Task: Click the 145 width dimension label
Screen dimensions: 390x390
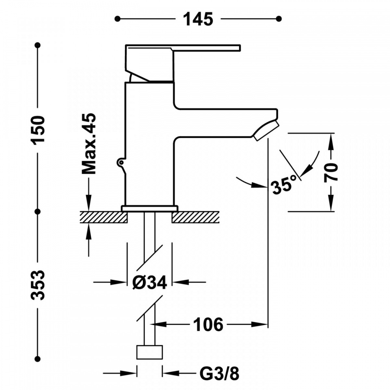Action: click(198, 19)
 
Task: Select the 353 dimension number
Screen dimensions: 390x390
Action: click(37, 285)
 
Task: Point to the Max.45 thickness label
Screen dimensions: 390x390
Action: click(89, 144)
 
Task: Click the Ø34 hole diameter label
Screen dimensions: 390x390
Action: click(150, 282)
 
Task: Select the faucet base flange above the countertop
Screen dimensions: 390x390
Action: click(149, 208)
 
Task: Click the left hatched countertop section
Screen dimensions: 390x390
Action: click(104, 217)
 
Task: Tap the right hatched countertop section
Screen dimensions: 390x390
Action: click(195, 217)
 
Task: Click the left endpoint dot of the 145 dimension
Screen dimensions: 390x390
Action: click(117, 19)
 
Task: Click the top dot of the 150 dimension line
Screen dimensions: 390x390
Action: click(38, 45)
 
